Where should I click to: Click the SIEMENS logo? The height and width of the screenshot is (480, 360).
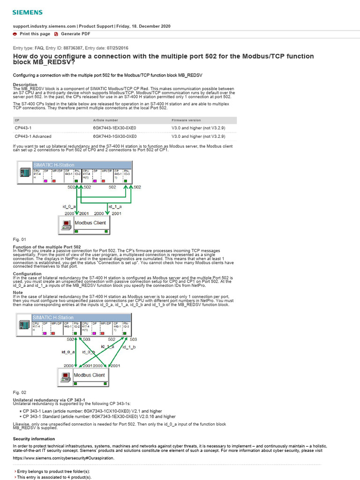[x=27, y=12]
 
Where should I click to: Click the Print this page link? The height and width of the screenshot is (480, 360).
[x=35, y=34]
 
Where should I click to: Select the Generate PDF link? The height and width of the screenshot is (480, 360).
[x=75, y=34]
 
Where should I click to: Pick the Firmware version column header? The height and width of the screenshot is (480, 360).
[x=187, y=120]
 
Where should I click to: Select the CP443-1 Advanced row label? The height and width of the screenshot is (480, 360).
[x=33, y=136]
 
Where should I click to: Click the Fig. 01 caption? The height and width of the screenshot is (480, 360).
[x=20, y=240]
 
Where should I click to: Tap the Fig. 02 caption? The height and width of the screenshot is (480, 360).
[x=20, y=392]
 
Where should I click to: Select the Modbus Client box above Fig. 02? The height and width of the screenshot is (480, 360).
[x=89, y=375]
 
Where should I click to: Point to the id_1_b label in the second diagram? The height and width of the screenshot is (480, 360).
[x=129, y=347]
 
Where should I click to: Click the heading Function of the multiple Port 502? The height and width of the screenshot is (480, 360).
[x=47, y=247]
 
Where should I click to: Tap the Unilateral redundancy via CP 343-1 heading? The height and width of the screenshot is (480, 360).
[x=49, y=399]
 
